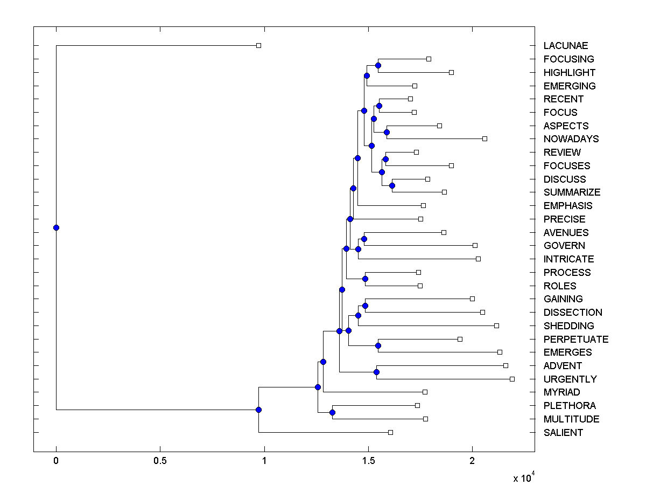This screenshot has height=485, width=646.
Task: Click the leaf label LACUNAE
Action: point(565,46)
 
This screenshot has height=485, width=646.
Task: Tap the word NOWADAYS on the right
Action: point(571,139)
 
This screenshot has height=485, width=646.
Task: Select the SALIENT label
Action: point(563,433)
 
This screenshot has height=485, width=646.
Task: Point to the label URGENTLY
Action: point(570,379)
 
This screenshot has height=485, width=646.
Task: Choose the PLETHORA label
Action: point(570,406)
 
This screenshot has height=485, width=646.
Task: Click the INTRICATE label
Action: point(568,259)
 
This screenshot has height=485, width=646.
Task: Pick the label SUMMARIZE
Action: point(572,192)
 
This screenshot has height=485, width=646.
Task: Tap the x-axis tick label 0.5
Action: point(160,461)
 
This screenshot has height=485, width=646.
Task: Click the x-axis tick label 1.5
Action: point(368,461)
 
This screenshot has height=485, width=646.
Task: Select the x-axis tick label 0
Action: point(56,461)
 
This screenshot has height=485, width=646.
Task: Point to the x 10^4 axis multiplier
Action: point(523,477)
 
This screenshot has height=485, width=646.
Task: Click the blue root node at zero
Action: point(56,227)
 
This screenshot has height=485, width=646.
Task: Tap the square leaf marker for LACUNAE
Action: point(258,45)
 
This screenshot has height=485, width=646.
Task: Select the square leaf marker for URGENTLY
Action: point(512,379)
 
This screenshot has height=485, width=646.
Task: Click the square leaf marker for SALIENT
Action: point(390,432)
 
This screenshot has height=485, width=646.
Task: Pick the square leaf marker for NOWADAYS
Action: point(484,138)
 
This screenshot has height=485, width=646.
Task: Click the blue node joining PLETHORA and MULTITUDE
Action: point(332,412)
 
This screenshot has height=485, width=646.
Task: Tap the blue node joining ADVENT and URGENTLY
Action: point(376,372)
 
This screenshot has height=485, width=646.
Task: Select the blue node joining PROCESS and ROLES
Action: point(365,279)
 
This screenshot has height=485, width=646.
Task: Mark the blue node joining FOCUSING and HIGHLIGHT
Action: point(378,65)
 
